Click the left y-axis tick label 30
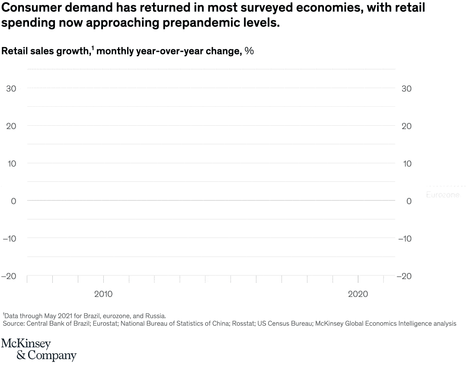pyautogui.click(x=11, y=89)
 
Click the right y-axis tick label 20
pyautogui.click(x=406, y=126)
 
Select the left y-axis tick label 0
pyautogui.click(x=13, y=201)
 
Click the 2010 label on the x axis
pyautogui.click(x=103, y=294)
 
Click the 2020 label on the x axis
pyautogui.click(x=358, y=294)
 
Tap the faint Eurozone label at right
pyautogui.click(x=443, y=195)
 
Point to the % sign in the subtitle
pyautogui.click(x=249, y=51)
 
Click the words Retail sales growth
pyautogui.click(x=45, y=51)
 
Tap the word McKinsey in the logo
pyautogui.click(x=26, y=344)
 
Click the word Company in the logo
pyautogui.click(x=52, y=356)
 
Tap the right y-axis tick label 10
pyautogui.click(x=406, y=164)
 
